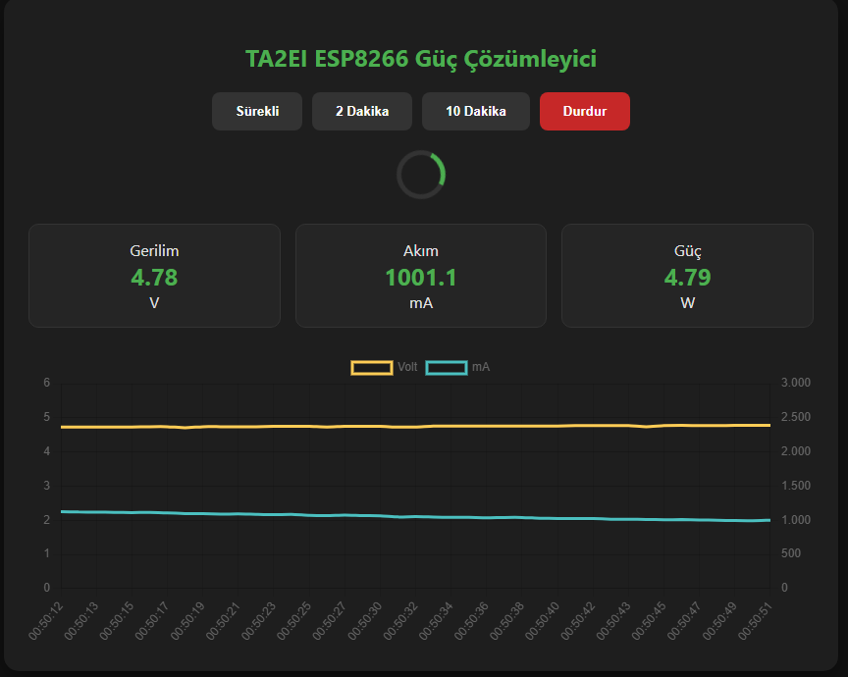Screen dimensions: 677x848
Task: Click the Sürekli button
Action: tap(257, 112)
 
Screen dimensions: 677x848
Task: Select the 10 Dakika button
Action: tap(476, 112)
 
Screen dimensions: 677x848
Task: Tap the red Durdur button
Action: tap(585, 112)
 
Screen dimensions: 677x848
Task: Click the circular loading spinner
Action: tap(421, 175)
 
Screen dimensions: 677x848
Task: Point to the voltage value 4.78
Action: tap(154, 278)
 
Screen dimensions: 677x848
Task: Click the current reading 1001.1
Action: tap(421, 278)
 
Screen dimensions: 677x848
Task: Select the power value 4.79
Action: tap(687, 278)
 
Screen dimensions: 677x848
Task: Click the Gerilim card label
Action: tap(154, 251)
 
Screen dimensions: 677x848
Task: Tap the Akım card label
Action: tap(421, 251)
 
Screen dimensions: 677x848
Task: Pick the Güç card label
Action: tap(687, 251)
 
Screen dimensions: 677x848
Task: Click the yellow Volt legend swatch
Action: tap(371, 367)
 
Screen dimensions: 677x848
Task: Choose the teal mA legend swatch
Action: tap(446, 367)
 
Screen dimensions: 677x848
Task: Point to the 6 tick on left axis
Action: tap(46, 383)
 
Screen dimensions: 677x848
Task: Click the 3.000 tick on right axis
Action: tap(796, 383)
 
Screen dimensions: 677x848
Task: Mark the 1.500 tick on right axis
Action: tap(796, 486)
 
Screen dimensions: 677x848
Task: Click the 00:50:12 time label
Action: tap(44, 621)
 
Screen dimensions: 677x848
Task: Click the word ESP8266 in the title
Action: tap(360, 59)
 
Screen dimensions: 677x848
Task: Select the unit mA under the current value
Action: tap(421, 303)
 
